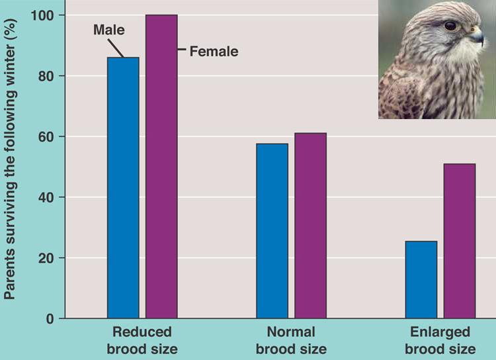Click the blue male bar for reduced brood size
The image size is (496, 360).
tap(123, 188)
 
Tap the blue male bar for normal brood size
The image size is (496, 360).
tap(272, 231)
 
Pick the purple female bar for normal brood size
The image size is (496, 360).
tap(310, 226)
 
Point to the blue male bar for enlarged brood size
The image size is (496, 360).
tap(421, 280)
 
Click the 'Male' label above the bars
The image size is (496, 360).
tap(108, 30)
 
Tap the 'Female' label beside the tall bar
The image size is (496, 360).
tap(214, 50)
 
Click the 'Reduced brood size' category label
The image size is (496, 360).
tap(142, 340)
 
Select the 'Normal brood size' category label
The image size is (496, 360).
tap(291, 340)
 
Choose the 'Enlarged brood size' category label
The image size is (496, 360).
tap(440, 340)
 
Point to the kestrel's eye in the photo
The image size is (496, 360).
tap(450, 26)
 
